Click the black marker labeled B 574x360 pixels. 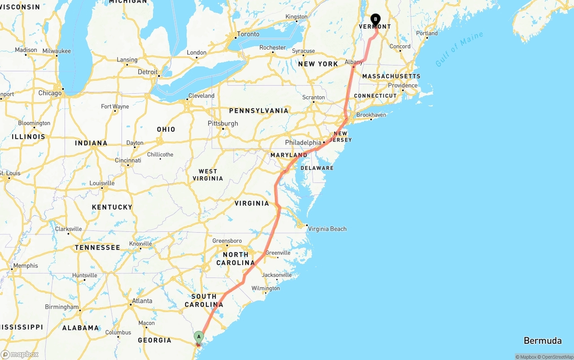click(x=375, y=20)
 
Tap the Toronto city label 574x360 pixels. click(x=248, y=34)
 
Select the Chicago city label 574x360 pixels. click(x=50, y=93)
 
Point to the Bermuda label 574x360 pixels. click(x=543, y=341)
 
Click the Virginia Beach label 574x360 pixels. click(x=327, y=229)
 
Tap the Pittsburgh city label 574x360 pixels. click(x=223, y=124)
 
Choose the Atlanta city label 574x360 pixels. click(x=142, y=301)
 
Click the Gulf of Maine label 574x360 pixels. click(x=459, y=49)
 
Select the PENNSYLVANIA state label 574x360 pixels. click(x=259, y=111)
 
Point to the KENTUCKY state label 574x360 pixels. click(x=112, y=207)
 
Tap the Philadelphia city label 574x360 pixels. click(x=303, y=143)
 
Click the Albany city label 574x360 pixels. click(x=353, y=62)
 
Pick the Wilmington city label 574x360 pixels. click(x=265, y=288)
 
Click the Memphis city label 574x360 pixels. click(x=26, y=266)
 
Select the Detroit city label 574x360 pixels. click(x=148, y=72)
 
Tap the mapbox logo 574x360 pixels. click(x=20, y=354)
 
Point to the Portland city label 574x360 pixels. click(x=427, y=34)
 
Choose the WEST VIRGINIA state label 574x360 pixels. click(x=208, y=175)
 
